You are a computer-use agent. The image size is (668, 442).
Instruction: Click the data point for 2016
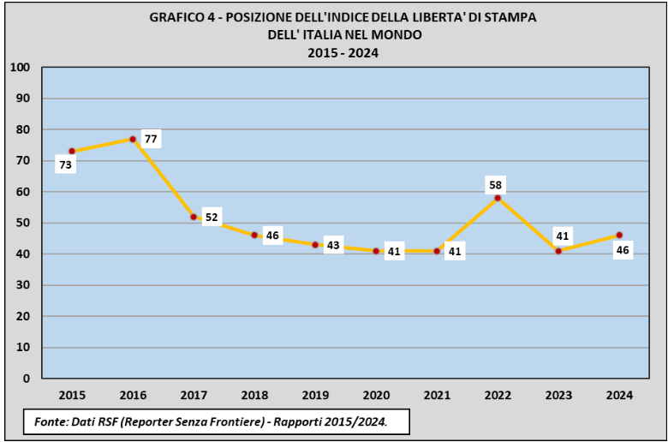[133, 139]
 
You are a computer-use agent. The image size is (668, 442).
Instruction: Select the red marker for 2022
[498, 198]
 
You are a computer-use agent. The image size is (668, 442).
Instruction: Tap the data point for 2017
[194, 217]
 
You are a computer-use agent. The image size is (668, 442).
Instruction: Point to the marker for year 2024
[619, 235]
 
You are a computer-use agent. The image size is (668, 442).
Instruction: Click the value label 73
[65, 165]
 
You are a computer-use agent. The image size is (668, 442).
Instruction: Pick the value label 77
[151, 138]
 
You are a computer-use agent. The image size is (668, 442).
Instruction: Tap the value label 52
[212, 218]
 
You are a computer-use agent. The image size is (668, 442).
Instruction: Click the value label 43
[334, 246]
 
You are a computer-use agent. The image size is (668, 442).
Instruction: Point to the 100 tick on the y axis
[20, 67]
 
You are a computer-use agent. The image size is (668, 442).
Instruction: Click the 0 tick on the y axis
[26, 378]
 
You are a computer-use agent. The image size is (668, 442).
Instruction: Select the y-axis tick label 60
[22, 192]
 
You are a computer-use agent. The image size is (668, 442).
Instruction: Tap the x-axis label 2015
[72, 395]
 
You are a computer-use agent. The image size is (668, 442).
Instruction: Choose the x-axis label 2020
[376, 395]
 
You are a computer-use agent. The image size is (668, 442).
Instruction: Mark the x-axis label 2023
[558, 395]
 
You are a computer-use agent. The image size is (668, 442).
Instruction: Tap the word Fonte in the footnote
[52, 421]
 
